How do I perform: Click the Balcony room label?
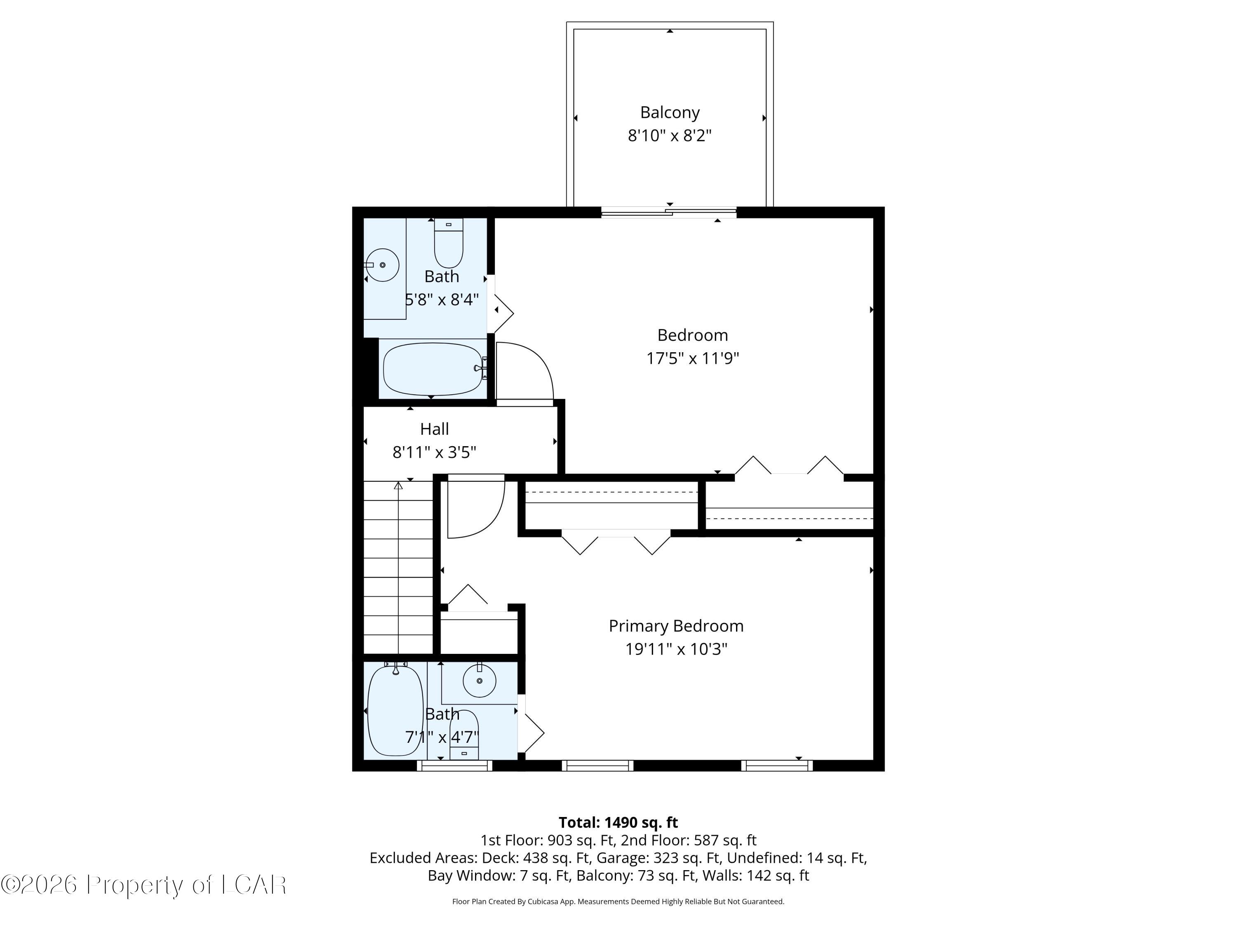[669, 112]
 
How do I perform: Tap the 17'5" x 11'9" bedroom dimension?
[692, 358]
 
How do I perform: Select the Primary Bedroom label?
[675, 626]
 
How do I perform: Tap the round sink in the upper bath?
[383, 265]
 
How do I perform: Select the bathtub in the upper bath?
[433, 369]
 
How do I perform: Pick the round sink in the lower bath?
[479, 681]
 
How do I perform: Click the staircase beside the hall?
[398, 567]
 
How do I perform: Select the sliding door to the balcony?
[669, 212]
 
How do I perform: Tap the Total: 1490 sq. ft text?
[618, 822]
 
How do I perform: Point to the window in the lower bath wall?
[454, 766]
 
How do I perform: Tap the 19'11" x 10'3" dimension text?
[675, 649]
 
